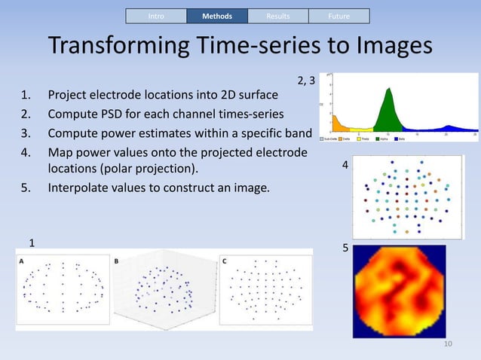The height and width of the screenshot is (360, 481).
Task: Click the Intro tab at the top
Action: tap(156, 16)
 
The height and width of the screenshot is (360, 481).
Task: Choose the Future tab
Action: tap(339, 16)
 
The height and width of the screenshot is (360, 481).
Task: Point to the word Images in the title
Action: tap(388, 47)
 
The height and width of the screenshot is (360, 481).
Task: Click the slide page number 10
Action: tap(449, 344)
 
